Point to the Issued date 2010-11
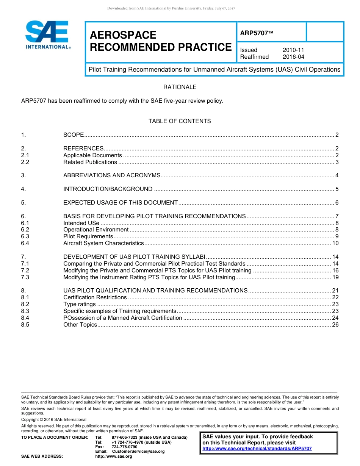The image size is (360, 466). (293, 50)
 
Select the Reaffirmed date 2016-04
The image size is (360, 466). (293, 57)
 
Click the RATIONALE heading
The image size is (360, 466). (180, 87)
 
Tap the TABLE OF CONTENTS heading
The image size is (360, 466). (180, 121)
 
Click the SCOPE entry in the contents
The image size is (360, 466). (74, 135)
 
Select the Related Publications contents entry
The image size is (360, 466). (90, 162)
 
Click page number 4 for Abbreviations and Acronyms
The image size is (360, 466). (337, 175)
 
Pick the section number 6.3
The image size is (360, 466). (25, 236)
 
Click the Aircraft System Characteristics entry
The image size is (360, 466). (103, 243)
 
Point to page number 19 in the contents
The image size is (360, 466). (335, 277)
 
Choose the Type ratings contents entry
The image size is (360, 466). (80, 304)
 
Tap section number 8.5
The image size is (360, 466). (25, 325)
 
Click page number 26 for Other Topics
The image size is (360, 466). (335, 325)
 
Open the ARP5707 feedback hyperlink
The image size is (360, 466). (257, 449)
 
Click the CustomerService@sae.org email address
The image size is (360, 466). (138, 451)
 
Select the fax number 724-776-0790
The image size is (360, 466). (124, 447)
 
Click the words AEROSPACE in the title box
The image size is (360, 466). (123, 35)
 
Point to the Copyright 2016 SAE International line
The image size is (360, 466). (54, 419)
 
